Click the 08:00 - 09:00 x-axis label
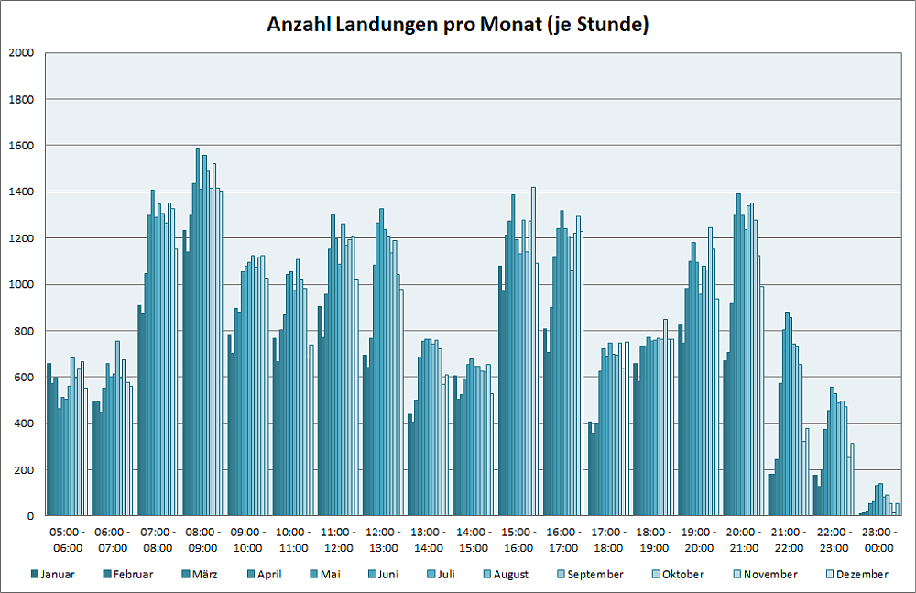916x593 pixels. pos(202,540)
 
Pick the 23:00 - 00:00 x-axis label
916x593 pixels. pos(878,540)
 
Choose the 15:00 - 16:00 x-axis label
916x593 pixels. pos(518,540)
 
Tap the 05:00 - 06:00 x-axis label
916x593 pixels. pos(68,540)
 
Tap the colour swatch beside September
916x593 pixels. pos(560,575)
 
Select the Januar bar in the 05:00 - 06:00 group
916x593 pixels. pos(49,440)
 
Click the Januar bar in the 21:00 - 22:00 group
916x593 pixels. pos(770,495)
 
